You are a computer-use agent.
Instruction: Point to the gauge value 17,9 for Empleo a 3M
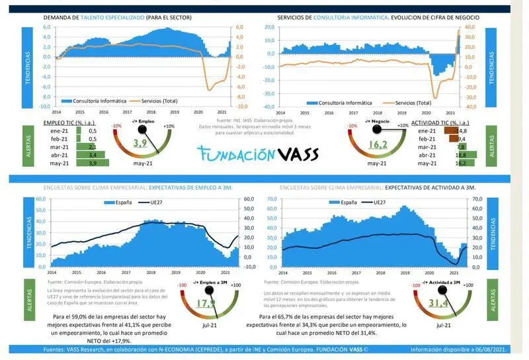click(x=207, y=304)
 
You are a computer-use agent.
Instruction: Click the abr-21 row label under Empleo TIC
click(x=58, y=155)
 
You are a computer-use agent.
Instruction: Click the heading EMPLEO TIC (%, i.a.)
click(x=67, y=123)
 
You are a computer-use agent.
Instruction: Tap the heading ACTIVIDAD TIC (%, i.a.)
click(x=440, y=123)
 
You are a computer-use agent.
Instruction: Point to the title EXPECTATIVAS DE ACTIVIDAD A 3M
click(x=430, y=188)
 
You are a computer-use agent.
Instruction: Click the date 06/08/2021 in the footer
click(x=497, y=350)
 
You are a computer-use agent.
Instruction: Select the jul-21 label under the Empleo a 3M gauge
click(x=206, y=324)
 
